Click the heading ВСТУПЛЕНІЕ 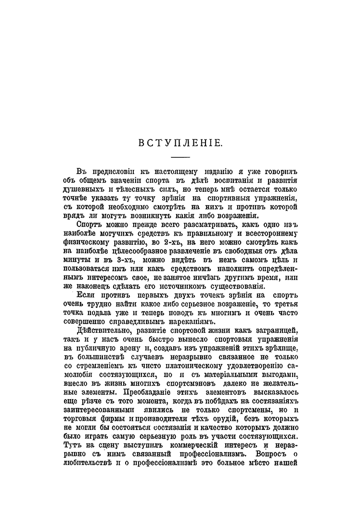180,143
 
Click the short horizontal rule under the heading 180,157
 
